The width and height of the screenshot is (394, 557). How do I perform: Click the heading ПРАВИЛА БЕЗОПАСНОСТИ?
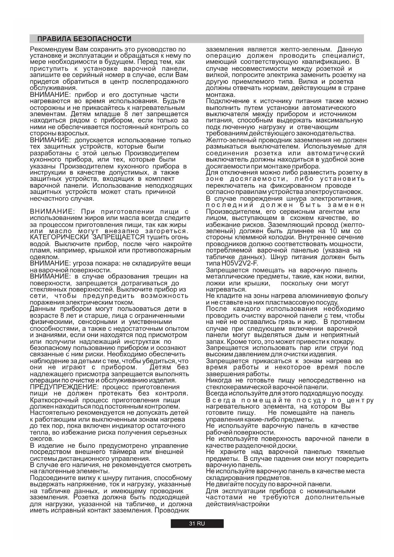pos(84,39)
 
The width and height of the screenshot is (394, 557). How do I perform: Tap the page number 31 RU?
pos(197,524)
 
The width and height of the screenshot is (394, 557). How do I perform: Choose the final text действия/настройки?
pos(237,504)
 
